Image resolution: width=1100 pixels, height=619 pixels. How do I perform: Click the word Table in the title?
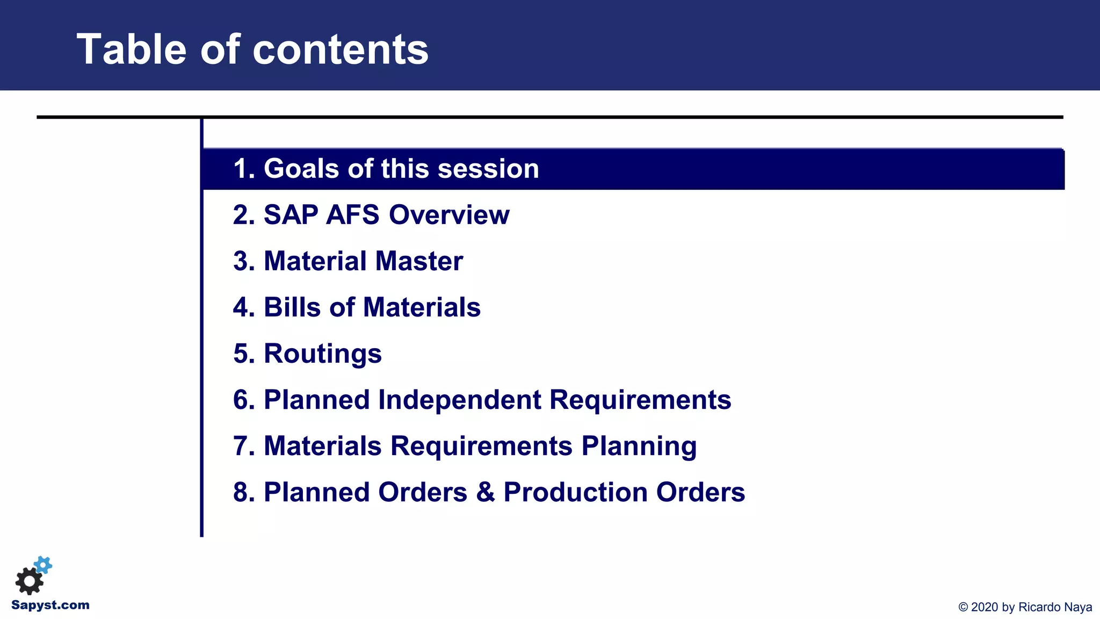tap(131, 49)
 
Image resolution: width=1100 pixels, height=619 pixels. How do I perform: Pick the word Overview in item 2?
tap(448, 215)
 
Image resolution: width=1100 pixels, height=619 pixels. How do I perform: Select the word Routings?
tap(322, 354)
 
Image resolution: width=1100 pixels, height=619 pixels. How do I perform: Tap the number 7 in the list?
tap(241, 446)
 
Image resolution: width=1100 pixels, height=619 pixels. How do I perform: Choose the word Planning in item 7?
tap(639, 447)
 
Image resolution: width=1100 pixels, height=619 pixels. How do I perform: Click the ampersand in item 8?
tap(485, 492)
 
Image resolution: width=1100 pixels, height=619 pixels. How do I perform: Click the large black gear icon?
tap(29, 581)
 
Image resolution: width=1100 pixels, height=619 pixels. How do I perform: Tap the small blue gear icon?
tap(44, 565)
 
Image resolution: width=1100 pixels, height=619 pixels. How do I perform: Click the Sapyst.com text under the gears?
tap(50, 605)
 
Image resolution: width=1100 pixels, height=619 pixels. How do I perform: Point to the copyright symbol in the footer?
tap(963, 607)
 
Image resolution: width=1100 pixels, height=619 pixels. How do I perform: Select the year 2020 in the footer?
tap(985, 607)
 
